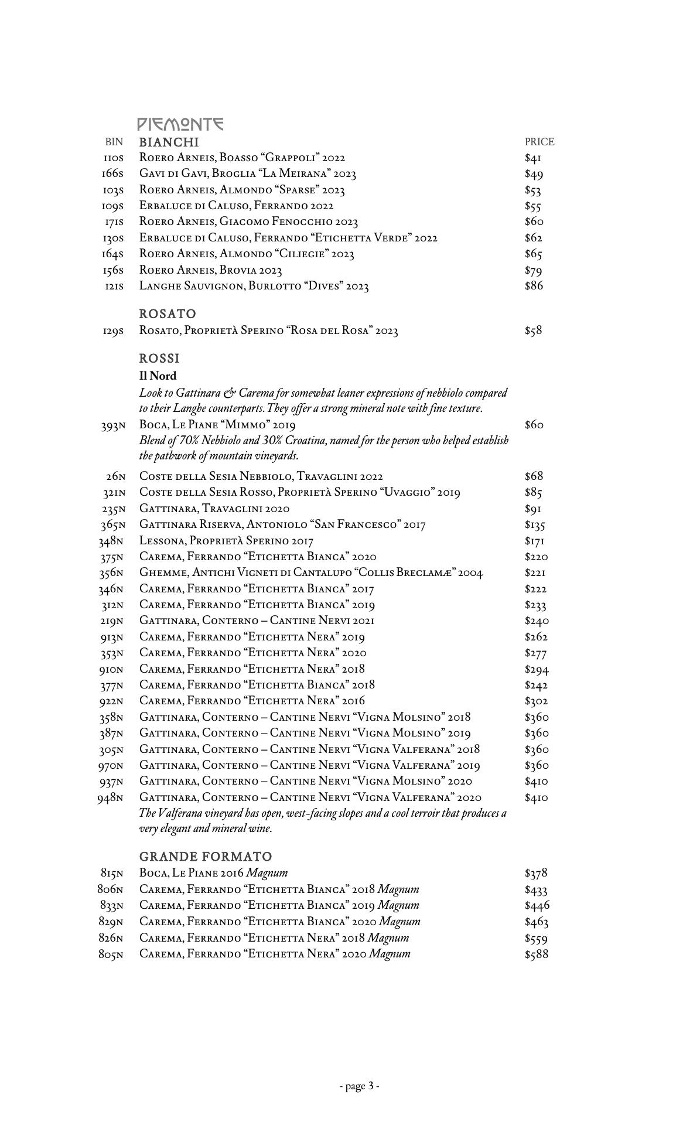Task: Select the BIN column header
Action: (x=114, y=142)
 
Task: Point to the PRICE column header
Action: (x=539, y=142)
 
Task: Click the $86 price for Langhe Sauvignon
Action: (x=534, y=286)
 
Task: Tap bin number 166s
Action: (x=112, y=174)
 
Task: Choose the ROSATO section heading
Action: (x=168, y=314)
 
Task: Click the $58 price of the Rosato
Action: (x=533, y=330)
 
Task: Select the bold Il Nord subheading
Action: (x=158, y=376)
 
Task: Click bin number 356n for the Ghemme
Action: (x=111, y=573)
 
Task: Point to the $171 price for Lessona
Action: (x=535, y=541)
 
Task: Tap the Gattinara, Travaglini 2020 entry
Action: (x=214, y=509)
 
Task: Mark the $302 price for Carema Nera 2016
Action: (x=537, y=701)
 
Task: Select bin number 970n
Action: (x=111, y=765)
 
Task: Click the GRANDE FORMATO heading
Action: (x=206, y=857)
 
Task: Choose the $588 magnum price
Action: (x=537, y=954)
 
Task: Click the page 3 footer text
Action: (x=360, y=1086)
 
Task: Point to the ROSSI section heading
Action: (x=159, y=358)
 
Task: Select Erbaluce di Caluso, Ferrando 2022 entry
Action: (x=236, y=206)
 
